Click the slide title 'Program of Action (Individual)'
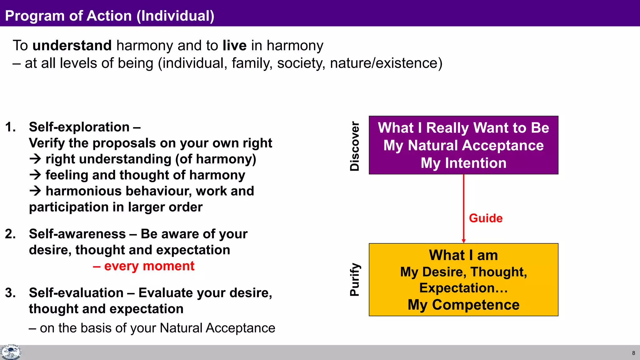(110, 16)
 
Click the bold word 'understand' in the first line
(72, 46)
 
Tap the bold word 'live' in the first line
(234, 46)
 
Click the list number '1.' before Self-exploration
(10, 127)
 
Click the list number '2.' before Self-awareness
(10, 234)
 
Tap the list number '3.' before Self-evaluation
(10, 293)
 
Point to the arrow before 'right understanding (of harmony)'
(35, 159)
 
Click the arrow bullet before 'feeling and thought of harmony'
(35, 175)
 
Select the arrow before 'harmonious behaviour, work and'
(35, 191)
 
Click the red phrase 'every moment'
(149, 266)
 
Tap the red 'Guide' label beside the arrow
(486, 218)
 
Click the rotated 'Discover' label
(355, 146)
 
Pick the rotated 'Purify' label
(355, 279)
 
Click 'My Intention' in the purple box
(463, 163)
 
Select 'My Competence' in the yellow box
(463, 305)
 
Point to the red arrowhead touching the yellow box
(464, 241)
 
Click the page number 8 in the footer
(633, 353)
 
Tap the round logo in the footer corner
(11, 352)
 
